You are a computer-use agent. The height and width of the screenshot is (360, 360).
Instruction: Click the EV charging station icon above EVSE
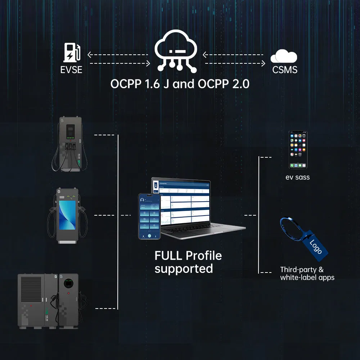click(x=72, y=53)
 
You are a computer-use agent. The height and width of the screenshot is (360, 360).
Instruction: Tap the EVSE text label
click(x=71, y=69)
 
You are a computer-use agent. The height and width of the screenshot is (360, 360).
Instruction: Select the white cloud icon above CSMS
click(x=284, y=57)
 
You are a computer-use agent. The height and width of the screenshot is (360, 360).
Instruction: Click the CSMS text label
click(x=285, y=69)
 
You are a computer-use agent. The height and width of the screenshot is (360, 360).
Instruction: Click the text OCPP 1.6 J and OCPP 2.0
click(x=180, y=84)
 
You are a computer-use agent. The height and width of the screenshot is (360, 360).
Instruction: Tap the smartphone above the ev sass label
click(x=298, y=149)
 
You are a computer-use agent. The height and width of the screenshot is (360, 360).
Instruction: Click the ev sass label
click(x=297, y=177)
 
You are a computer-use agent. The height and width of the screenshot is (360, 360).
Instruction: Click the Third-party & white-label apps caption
click(x=307, y=274)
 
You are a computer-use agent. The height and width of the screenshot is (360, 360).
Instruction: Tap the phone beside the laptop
click(x=149, y=216)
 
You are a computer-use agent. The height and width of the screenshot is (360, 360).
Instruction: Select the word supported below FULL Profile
click(x=184, y=269)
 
